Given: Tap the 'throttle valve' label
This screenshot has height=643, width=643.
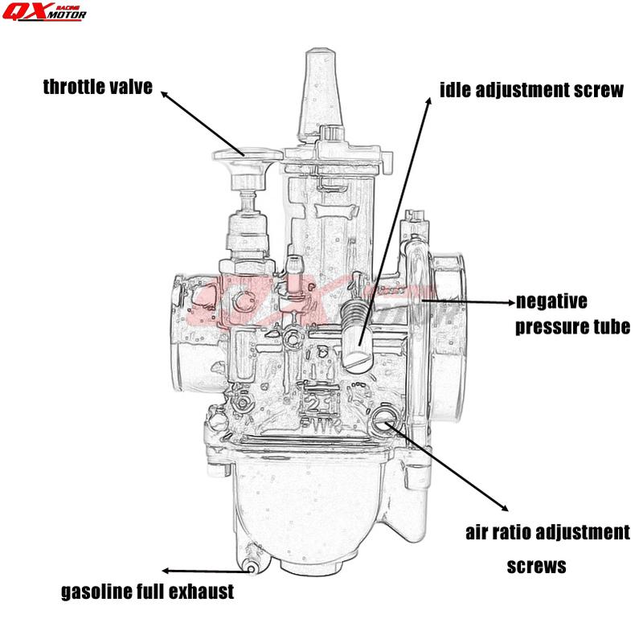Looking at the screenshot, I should pos(97,88).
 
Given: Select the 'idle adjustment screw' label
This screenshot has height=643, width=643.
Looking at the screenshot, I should pos(531,89).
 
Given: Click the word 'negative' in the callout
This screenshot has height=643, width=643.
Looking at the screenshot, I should pos(551,302).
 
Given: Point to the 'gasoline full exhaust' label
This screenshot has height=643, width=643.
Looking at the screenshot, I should pos(148,592).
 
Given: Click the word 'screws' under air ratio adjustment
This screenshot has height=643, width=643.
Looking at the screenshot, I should pos(536,566).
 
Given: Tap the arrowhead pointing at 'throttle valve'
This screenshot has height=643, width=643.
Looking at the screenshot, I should pos(165,94).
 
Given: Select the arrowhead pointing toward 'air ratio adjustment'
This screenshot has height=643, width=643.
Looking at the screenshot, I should pos(504,508).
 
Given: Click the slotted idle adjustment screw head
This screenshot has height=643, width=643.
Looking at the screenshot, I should pos(359,356).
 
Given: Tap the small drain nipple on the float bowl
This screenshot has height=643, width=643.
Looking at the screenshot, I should pos(252,567).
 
